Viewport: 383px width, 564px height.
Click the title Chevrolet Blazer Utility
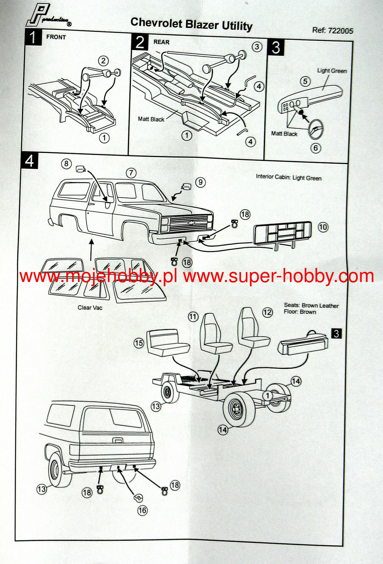191,24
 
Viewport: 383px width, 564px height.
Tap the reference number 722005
340,30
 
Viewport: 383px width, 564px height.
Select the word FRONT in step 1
56,37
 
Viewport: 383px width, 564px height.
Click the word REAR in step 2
161,42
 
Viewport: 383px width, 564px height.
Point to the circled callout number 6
316,148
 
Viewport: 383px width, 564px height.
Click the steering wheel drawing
316,129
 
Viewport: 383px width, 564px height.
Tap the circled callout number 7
131,173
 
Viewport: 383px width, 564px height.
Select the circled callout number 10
323,227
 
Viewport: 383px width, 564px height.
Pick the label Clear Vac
90,308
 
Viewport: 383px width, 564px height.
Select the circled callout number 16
142,510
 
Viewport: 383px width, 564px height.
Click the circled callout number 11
193,317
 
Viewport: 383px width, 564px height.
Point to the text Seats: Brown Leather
311,305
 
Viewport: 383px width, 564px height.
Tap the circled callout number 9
200,182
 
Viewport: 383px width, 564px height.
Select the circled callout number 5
305,82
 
